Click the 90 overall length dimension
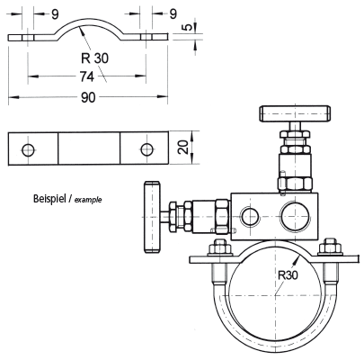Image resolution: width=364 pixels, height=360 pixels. pyautogui.click(x=88, y=97)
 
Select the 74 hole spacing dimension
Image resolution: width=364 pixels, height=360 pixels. pyautogui.click(x=87, y=76)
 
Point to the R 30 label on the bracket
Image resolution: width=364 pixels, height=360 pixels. pyautogui.click(x=94, y=58)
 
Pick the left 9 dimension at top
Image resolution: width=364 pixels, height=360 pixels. pyautogui.click(x=55, y=14)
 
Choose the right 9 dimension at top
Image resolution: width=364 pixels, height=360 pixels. pyautogui.click(x=173, y=14)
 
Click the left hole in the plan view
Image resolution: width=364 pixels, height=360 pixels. pyautogui.click(x=29, y=149)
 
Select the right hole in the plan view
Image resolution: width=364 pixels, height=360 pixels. pyautogui.click(x=147, y=149)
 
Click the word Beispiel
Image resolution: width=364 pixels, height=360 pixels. pyautogui.click(x=49, y=199)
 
